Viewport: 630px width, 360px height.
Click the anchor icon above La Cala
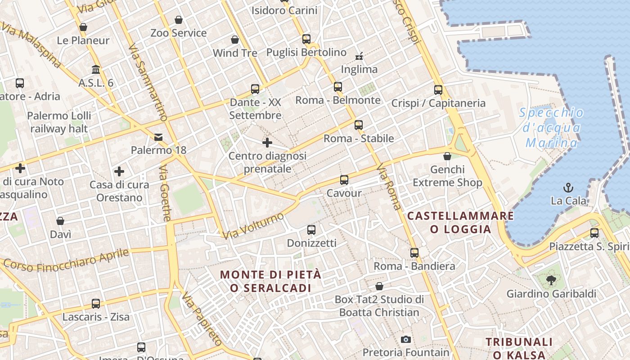pyautogui.click(x=568, y=187)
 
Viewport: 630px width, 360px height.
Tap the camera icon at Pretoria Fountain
pyautogui.click(x=406, y=339)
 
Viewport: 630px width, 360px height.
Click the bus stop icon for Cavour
pyautogui.click(x=344, y=180)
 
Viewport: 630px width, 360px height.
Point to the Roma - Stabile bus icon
pyautogui.click(x=359, y=125)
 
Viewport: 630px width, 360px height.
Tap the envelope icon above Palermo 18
pyautogui.click(x=158, y=137)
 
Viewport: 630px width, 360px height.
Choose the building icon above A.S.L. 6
pyautogui.click(x=96, y=70)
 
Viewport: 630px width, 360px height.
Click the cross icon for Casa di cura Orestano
pyautogui.click(x=119, y=171)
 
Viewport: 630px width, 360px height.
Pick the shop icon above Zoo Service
pyautogui.click(x=179, y=20)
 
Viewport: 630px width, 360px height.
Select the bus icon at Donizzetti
pyautogui.click(x=311, y=230)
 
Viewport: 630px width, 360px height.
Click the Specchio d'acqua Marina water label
pyautogui.click(x=551, y=128)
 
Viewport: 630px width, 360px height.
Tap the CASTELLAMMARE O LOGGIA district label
pyautogui.click(x=460, y=222)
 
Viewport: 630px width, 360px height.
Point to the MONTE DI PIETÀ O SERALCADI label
pyautogui.click(x=271, y=281)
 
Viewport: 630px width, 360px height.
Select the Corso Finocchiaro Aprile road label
pyautogui.click(x=66, y=260)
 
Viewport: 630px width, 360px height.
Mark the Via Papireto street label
pyautogui.click(x=202, y=323)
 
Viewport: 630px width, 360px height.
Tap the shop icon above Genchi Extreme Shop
pyautogui.click(x=447, y=156)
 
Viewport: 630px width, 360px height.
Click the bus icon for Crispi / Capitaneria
pyautogui.click(x=438, y=90)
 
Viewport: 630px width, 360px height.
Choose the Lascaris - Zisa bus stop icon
pyautogui.click(x=96, y=304)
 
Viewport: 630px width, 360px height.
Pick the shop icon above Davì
pyautogui.click(x=60, y=221)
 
